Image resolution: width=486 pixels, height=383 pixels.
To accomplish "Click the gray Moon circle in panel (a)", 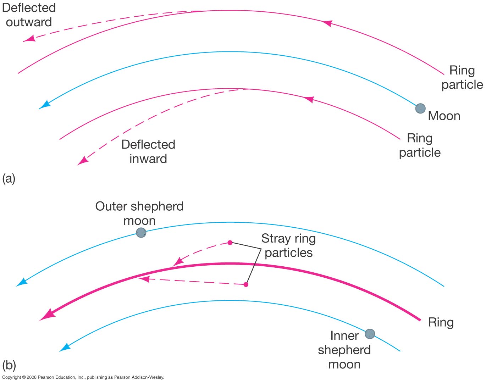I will (x=420, y=109).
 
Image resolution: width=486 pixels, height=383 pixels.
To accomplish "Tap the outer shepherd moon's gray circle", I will (x=141, y=233).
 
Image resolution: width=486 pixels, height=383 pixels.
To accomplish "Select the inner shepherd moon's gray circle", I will (x=370, y=334).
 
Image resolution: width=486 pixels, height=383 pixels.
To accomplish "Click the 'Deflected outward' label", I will (x=29, y=15).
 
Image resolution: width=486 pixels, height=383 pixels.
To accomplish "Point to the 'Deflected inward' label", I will (x=148, y=151).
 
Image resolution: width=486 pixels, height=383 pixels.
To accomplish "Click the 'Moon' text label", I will (x=444, y=116).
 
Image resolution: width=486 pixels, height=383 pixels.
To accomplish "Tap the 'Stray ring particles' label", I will (x=288, y=245).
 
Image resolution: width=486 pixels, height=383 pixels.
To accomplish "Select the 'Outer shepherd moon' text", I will (x=139, y=213).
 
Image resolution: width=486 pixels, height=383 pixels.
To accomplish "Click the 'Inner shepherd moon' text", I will (x=344, y=350).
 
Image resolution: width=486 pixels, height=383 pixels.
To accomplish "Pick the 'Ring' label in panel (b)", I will (x=441, y=322).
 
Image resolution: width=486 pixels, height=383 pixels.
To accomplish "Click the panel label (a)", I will (x=9, y=178).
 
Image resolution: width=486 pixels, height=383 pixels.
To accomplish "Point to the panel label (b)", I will (x=9, y=365).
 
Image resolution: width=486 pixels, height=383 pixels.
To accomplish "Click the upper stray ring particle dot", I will (x=230, y=243).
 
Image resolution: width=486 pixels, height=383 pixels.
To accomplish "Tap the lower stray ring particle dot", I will (x=246, y=284).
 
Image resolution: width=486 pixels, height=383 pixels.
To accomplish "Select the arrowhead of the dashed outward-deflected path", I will (x=30, y=39).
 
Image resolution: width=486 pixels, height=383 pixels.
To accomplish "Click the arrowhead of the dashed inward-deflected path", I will (x=83, y=161).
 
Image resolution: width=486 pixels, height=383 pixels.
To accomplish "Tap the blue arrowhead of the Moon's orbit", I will (x=44, y=105).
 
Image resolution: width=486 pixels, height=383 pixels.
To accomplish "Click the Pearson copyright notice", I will (x=83, y=377).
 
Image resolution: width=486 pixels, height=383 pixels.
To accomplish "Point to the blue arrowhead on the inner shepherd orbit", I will (x=65, y=348).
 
